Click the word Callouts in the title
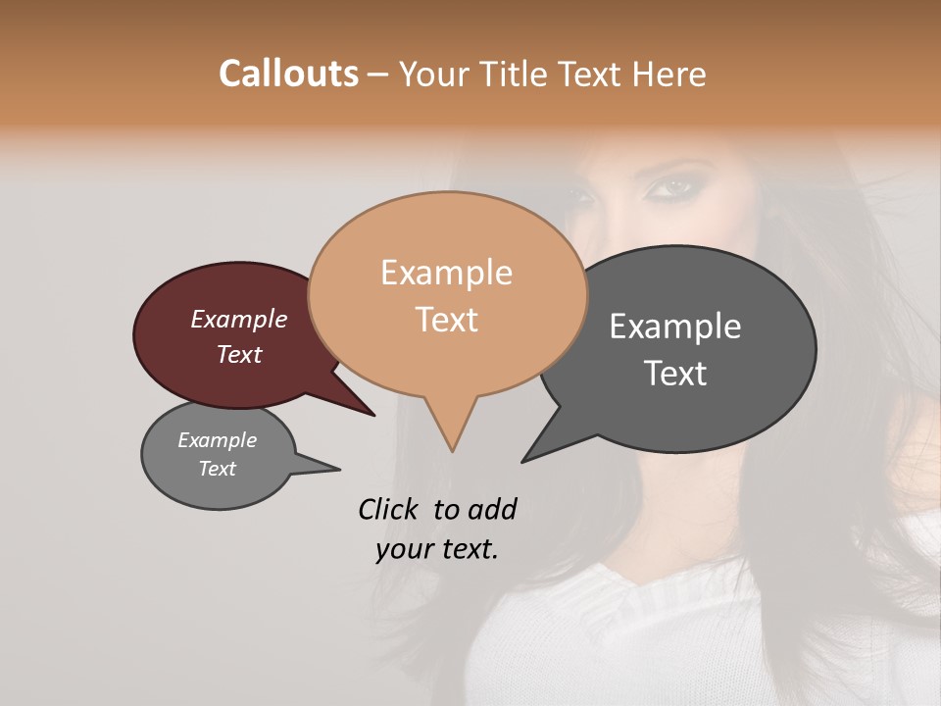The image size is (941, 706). [288, 74]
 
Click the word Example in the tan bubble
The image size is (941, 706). [446, 273]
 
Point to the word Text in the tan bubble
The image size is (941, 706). [446, 320]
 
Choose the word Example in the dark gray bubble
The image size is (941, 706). [675, 327]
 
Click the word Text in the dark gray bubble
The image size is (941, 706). [675, 374]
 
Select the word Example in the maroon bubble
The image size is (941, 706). [238, 319]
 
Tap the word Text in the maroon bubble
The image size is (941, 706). [238, 354]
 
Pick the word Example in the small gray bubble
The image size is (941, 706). [217, 440]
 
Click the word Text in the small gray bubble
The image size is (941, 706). [217, 469]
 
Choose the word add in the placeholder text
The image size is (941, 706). [491, 509]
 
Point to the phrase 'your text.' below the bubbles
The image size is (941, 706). [436, 549]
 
